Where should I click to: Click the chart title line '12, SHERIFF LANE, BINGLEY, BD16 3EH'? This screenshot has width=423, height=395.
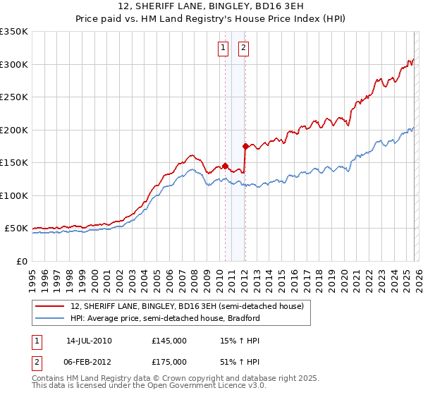[211, 6]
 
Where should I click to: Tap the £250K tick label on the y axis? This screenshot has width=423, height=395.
[15, 97]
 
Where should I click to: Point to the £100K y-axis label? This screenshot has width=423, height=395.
[15, 195]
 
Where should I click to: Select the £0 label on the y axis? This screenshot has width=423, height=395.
[22, 261]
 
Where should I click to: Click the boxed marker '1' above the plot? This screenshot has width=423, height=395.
[223, 48]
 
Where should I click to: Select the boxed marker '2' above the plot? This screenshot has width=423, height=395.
[243, 48]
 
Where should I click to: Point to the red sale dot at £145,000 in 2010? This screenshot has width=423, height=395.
[226, 166]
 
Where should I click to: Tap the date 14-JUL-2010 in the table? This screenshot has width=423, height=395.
[89, 341]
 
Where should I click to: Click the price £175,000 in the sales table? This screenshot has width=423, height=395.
[169, 362]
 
